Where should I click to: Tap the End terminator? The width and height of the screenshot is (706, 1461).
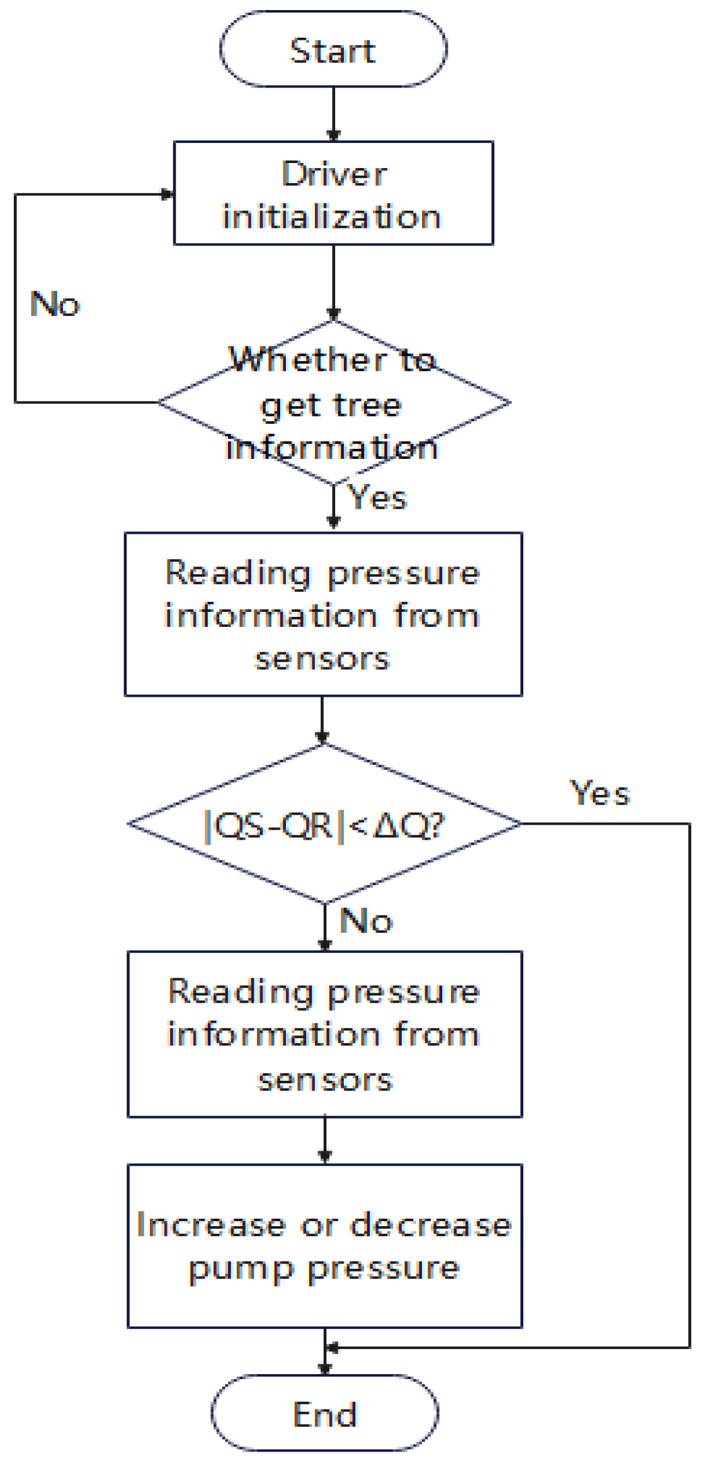pos(325,1414)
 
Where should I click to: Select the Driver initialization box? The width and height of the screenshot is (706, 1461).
pos(333,193)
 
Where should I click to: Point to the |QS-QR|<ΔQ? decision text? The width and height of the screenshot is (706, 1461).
pos(324,825)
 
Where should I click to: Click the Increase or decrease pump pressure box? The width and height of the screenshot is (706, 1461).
pos(324,1246)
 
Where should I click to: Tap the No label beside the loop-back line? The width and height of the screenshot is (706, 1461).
pos(55,304)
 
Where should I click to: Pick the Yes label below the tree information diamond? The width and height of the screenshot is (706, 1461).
pos(378,497)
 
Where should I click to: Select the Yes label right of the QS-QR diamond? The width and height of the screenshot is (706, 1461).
pos(600,793)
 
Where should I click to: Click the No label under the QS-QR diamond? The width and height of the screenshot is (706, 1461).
pos(366,921)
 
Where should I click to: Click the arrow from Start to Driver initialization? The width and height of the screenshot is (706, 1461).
pos(333,113)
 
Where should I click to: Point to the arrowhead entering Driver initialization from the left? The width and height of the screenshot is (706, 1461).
pos(168,195)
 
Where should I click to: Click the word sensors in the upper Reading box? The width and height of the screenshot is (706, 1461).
pos(322,659)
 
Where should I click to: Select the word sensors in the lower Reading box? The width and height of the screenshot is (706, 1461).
pos(325,1080)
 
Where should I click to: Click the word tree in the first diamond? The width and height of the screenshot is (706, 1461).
pos(367,405)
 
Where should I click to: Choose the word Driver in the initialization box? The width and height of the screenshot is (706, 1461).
pos(334,174)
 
